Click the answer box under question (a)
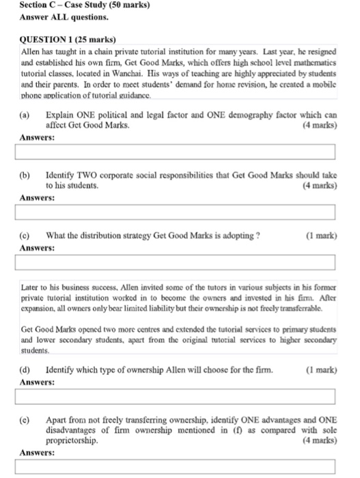(x=179, y=152)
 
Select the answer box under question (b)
(x=179, y=213)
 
